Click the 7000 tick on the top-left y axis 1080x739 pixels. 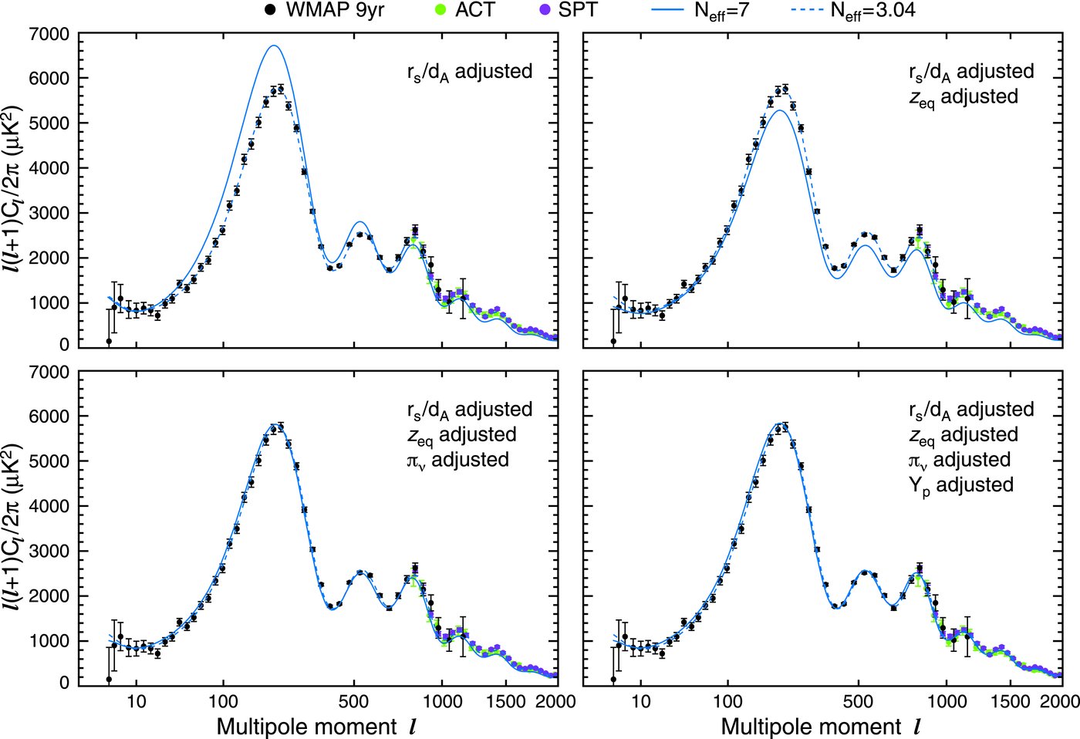pos(48,34)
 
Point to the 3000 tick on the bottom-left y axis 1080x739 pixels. pos(48,551)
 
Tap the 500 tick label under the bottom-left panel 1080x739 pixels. pos(353,701)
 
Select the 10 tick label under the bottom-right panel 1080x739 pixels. pos(640,701)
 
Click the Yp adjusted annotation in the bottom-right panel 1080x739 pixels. pos(960,485)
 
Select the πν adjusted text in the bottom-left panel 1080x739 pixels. pos(458,460)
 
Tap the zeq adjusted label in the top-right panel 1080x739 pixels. pos(964,97)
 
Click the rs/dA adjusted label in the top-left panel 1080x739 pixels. pos(469,72)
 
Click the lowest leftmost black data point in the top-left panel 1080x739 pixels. pos(109,340)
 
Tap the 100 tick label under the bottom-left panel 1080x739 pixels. pos(223,701)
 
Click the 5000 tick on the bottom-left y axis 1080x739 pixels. pos(48,461)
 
